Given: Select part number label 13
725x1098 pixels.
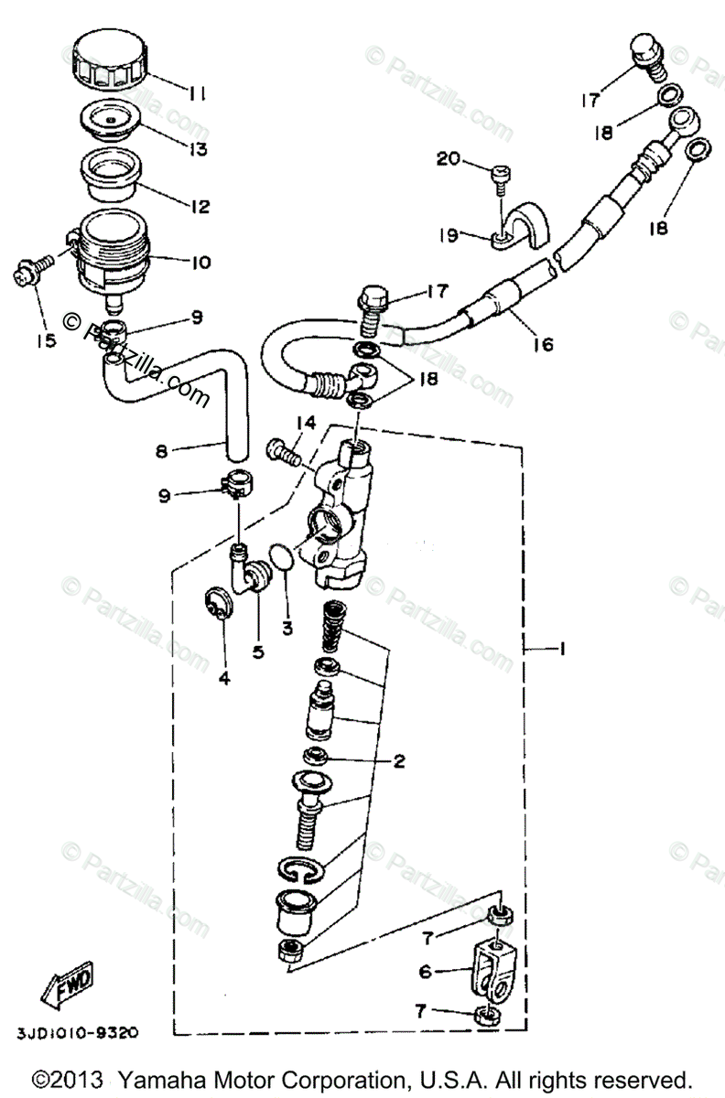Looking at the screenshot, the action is point(196,147).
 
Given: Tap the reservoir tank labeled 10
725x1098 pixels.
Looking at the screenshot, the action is point(111,251).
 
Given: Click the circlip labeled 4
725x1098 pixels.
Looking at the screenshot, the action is point(217,608).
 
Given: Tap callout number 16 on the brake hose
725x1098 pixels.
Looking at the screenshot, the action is point(543,345).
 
